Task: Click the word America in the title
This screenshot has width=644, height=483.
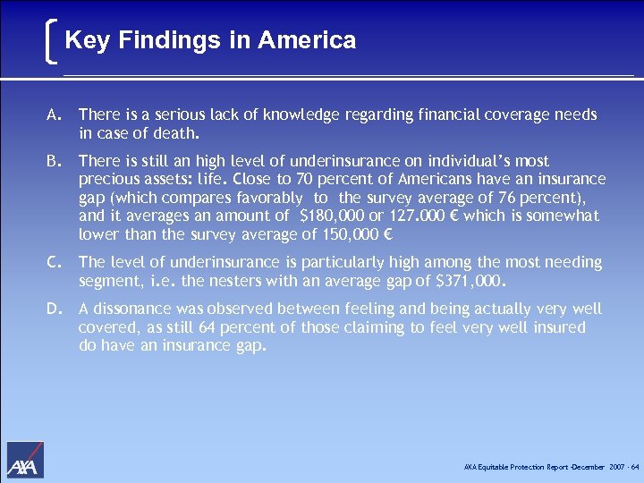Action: [307, 40]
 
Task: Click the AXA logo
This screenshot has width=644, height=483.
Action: [25, 460]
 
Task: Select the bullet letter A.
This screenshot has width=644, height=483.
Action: [55, 115]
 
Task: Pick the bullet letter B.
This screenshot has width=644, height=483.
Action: [55, 162]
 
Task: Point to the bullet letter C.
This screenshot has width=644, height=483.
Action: [55, 263]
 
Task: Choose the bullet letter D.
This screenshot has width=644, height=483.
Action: [55, 309]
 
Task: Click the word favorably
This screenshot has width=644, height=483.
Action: [263, 198]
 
